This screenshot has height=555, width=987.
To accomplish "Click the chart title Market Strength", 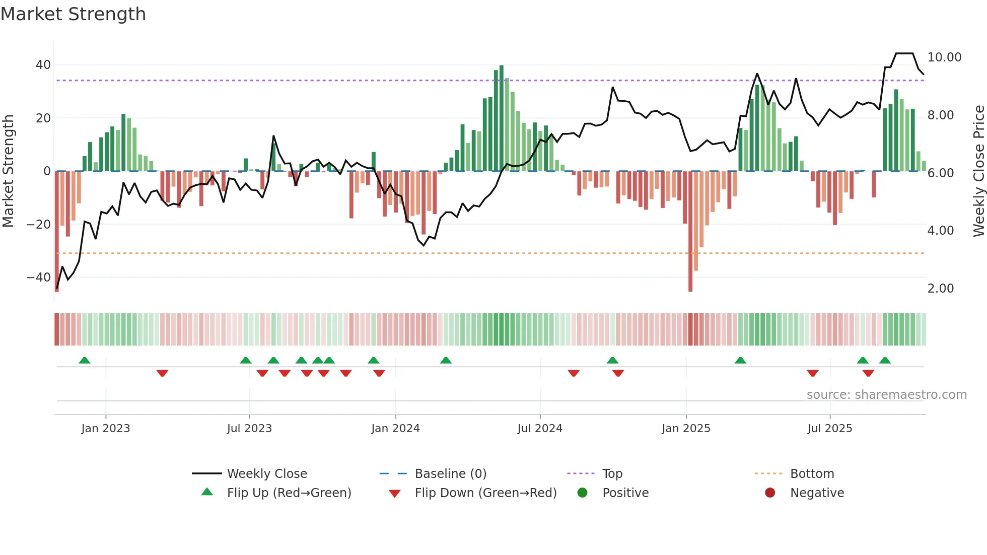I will coord(73,14).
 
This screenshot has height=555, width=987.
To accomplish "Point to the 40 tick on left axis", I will coord(43,65).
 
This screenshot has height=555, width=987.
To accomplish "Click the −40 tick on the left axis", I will coord(39,277).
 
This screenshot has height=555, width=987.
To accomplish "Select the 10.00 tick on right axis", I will coord(944,57).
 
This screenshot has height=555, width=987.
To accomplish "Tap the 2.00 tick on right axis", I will coord(940,289).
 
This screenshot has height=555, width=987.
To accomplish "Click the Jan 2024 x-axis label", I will coord(395,429).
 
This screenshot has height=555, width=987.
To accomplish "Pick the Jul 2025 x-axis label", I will coord(829,429).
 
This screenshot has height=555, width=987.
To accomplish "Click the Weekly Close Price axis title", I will coord(978,171).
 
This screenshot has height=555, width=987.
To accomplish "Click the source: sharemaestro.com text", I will coord(886,395).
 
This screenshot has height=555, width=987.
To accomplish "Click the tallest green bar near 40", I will coord(502,118).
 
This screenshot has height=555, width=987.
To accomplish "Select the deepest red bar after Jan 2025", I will coord(690,232).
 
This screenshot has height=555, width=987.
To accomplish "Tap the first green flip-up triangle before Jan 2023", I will coord(85,361).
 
